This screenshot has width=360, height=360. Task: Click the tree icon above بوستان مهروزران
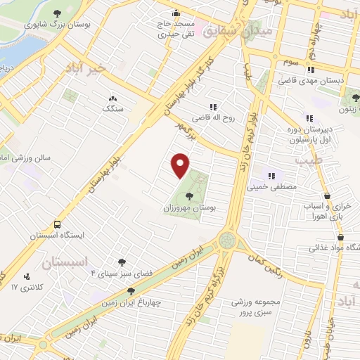point(189,196)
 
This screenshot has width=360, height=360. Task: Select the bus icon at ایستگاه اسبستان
point(56,224)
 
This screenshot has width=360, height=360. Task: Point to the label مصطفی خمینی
point(271,188)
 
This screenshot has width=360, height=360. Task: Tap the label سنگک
point(112,109)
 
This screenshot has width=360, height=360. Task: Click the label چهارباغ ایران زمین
point(131,304)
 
